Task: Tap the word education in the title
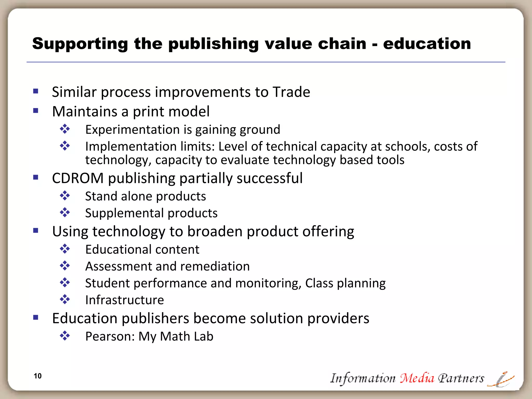(427, 44)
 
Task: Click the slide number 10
(38, 376)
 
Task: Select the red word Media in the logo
(417, 378)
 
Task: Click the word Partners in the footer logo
(461, 378)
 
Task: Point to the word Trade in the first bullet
(291, 92)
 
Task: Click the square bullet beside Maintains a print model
(36, 111)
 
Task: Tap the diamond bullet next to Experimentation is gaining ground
(65, 129)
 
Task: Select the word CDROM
(78, 178)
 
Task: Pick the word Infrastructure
(125, 300)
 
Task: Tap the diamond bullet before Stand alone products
(65, 196)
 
